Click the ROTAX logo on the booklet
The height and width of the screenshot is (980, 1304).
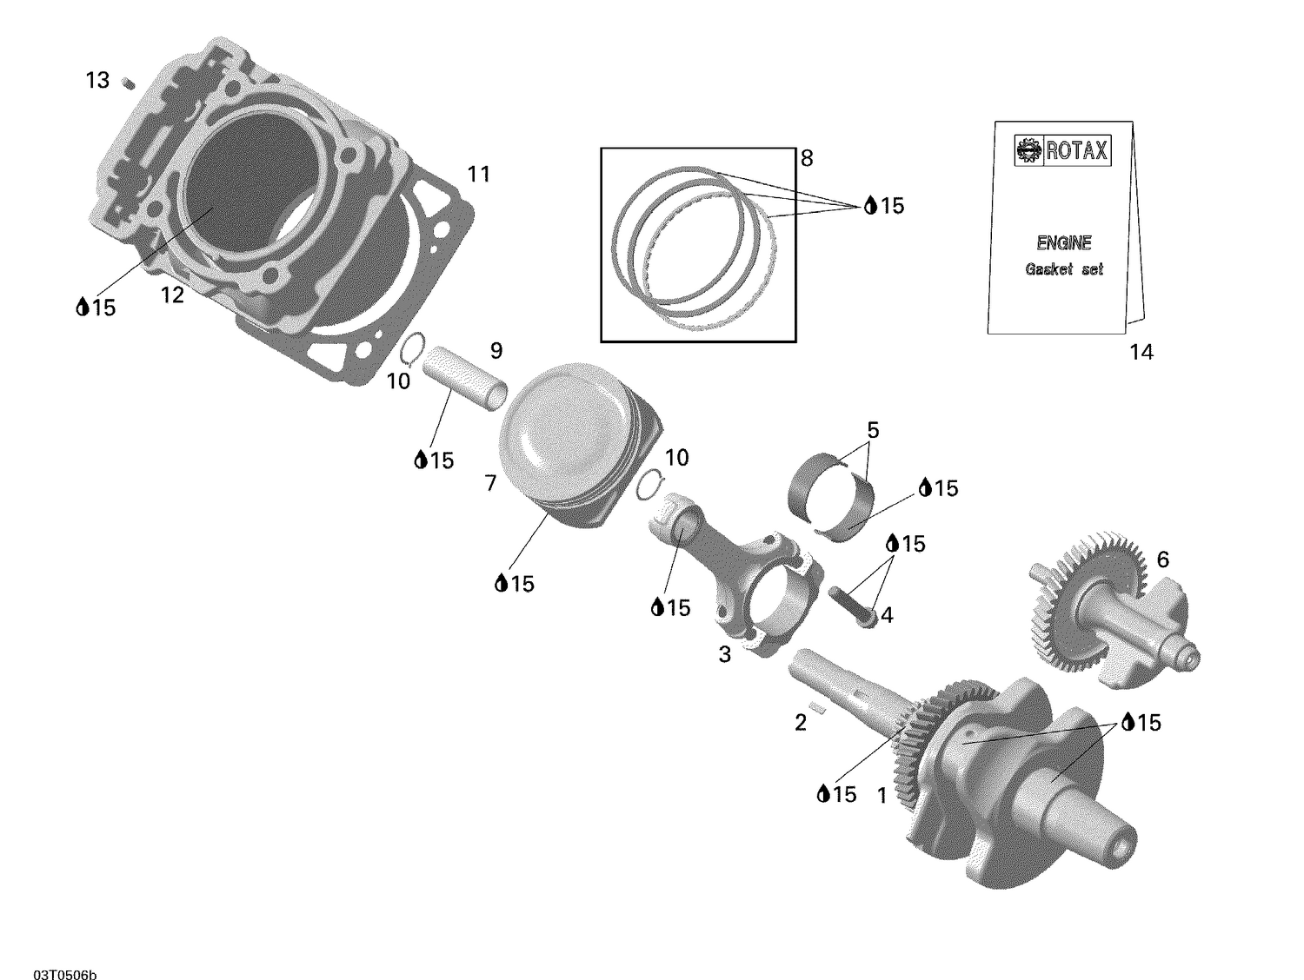coord(1062,151)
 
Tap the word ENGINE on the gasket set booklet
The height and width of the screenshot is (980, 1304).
coord(1063,244)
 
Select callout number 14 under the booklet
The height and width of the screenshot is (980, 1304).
coord(1141,352)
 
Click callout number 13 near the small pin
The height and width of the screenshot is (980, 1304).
coord(97,81)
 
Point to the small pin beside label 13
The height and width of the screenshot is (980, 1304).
coord(128,83)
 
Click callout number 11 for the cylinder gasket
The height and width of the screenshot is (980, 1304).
coord(478,175)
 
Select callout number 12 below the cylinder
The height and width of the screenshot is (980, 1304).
coord(173,296)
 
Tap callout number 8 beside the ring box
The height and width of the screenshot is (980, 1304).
coord(807,158)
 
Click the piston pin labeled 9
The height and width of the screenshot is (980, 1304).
coord(464,380)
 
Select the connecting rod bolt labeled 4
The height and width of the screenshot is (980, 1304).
coord(854,605)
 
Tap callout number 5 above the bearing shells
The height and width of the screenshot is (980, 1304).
coord(873,430)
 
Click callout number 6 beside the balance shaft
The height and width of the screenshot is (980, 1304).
coord(1162,560)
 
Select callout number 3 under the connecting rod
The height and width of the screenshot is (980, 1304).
coord(725,655)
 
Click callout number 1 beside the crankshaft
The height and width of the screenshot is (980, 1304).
coord(882,795)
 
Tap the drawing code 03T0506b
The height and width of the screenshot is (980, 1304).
coord(65,952)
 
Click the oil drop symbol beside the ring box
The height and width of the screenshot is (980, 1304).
coord(869,206)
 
